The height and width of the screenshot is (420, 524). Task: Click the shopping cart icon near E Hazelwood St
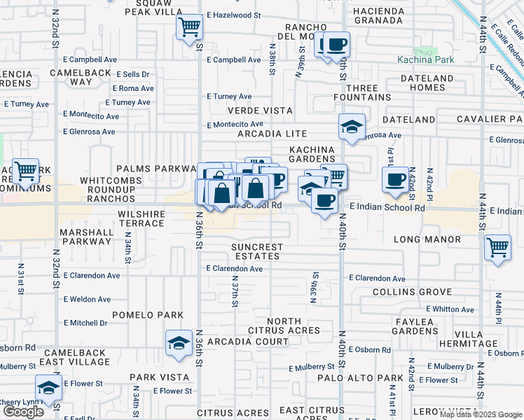click(189, 29)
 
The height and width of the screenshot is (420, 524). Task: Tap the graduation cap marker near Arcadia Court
click(179, 344)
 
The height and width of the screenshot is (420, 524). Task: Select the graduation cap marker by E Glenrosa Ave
click(351, 127)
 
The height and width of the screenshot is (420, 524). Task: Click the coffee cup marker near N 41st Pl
click(396, 179)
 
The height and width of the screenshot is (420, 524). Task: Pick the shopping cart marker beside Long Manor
click(497, 247)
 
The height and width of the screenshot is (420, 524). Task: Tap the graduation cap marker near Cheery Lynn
click(48, 388)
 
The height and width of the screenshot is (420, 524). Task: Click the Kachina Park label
click(425, 59)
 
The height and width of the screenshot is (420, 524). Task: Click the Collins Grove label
click(412, 291)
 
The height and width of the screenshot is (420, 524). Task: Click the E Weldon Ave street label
click(87, 300)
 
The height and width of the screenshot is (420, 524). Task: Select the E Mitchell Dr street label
click(85, 323)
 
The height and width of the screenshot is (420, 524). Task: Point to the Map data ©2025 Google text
click(480, 414)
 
